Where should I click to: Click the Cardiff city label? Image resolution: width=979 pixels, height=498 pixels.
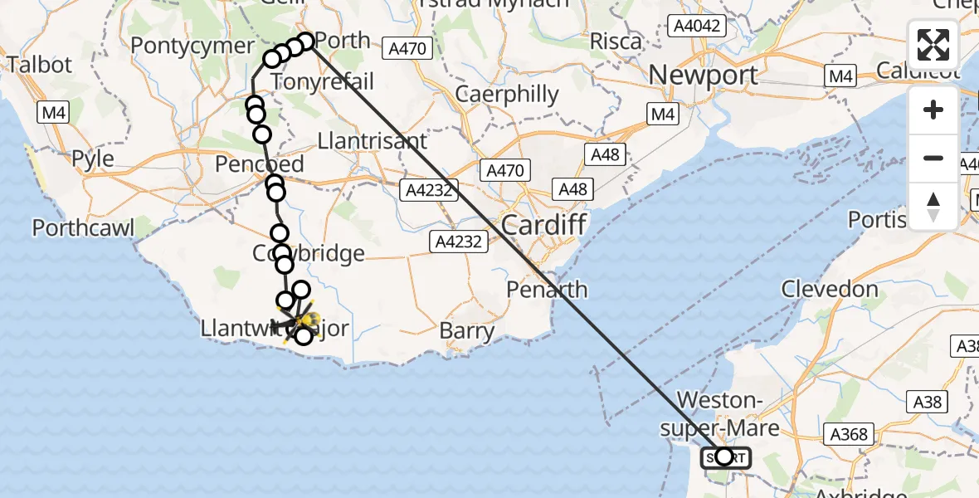pos(544,224)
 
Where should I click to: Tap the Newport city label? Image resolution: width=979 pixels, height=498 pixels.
pos(704,76)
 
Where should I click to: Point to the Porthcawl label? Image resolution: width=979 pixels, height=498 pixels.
pos(83,227)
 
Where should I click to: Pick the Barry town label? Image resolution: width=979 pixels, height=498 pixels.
pos(467,331)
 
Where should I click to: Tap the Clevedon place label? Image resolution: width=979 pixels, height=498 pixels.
pos(830,289)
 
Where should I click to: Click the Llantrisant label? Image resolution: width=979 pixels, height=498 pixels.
pos(378,140)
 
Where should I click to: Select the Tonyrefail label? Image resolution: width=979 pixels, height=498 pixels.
pos(323,81)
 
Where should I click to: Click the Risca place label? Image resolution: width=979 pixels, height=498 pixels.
pos(616,41)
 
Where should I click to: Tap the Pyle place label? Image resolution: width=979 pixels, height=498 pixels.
pos(93,158)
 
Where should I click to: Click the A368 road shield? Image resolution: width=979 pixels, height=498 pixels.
pos(848,433)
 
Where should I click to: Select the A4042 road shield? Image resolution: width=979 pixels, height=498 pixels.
pos(699,26)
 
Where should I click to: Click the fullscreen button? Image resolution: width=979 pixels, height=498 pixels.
pos(933,45)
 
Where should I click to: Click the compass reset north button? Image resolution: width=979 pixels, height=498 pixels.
pos(933,206)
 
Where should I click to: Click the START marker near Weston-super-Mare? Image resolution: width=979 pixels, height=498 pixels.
pos(725,456)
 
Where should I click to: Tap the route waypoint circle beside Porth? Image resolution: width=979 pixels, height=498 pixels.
pos(305,41)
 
